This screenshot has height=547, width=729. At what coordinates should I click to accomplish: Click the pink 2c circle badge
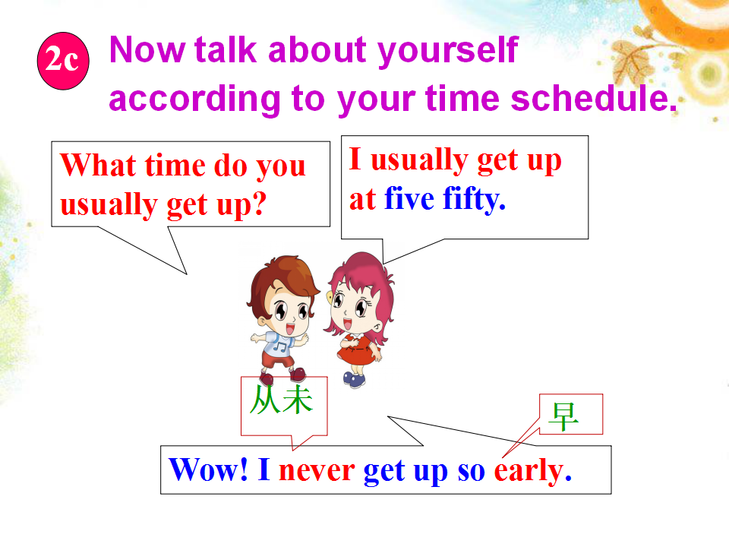(x=63, y=61)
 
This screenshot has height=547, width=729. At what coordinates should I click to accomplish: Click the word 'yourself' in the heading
(x=448, y=51)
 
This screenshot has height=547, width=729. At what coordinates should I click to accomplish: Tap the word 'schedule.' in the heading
(x=594, y=98)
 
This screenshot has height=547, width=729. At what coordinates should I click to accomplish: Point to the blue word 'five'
(x=409, y=198)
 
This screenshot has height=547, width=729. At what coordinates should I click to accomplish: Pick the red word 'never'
(x=317, y=471)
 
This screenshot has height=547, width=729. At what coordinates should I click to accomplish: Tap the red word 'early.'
(x=533, y=472)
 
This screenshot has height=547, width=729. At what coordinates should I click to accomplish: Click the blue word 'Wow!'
(x=208, y=470)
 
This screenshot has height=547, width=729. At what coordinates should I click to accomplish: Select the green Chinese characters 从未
(x=281, y=400)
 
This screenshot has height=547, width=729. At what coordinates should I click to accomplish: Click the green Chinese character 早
(x=563, y=416)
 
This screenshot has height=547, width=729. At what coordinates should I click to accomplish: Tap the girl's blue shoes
(x=355, y=380)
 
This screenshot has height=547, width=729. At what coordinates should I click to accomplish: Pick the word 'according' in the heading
(x=194, y=100)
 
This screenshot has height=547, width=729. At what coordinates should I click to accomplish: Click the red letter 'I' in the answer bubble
(x=355, y=159)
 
